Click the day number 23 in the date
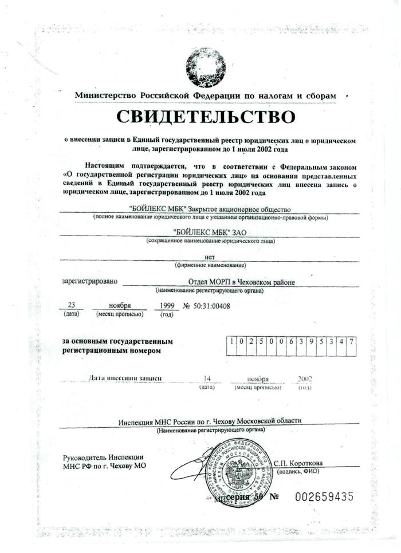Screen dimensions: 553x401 tap(72, 305)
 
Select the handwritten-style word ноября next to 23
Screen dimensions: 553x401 tap(120, 305)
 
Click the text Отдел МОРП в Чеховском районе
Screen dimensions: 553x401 tap(241, 281)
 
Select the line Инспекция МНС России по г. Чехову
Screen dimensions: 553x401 tap(209, 421)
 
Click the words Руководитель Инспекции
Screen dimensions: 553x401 tap(103, 457)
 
